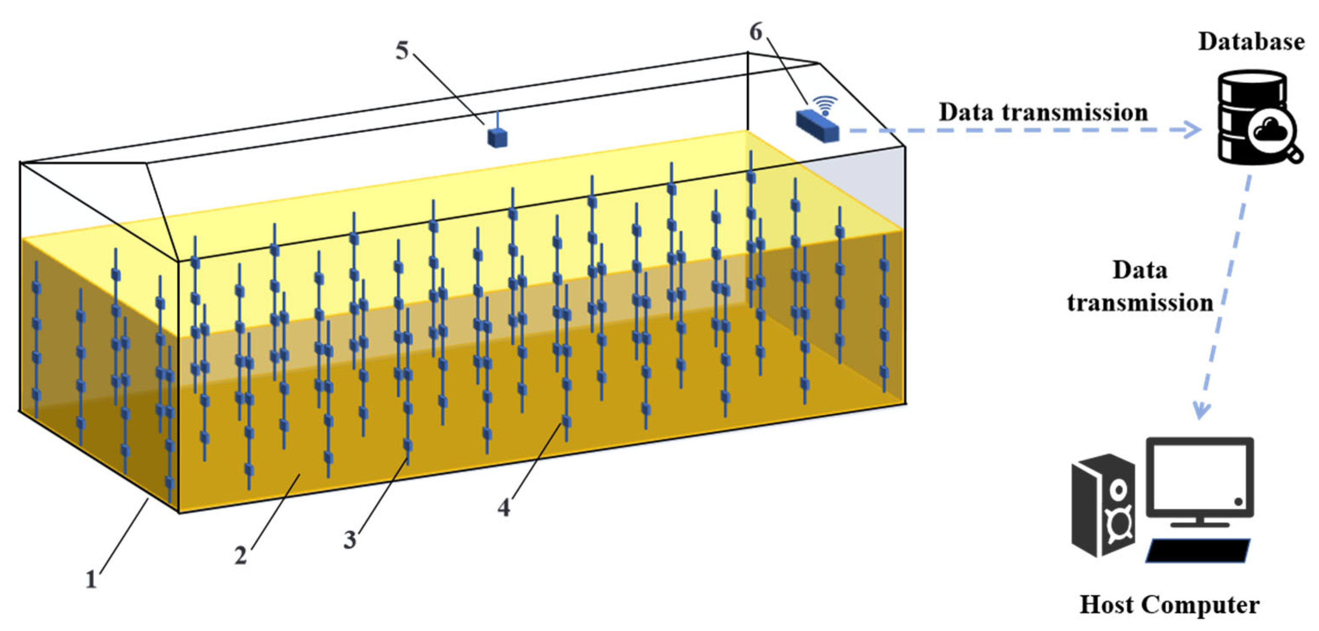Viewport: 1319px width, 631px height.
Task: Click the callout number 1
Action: [91, 579]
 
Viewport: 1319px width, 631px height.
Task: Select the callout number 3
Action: [350, 539]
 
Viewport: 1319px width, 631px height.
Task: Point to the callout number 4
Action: [504, 507]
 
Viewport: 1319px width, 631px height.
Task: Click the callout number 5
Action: [402, 51]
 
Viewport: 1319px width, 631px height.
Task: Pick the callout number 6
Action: [756, 32]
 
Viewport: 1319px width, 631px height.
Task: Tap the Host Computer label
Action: [1169, 604]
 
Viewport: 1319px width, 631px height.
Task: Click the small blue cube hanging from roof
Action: [497, 137]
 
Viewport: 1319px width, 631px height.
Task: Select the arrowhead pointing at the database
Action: [1193, 130]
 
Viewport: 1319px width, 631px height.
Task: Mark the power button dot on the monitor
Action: [1238, 502]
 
